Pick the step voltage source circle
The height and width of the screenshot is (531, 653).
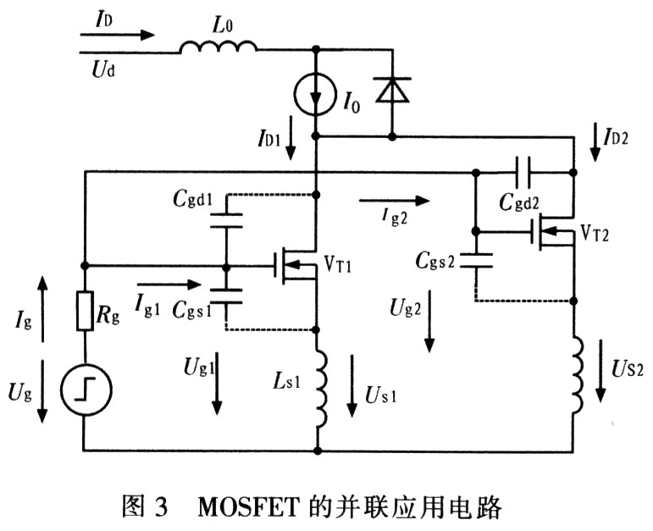(x=84, y=390)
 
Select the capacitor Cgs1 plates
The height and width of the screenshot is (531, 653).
(x=226, y=293)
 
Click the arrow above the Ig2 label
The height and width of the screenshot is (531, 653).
(x=395, y=201)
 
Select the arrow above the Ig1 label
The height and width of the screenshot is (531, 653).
(x=169, y=285)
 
